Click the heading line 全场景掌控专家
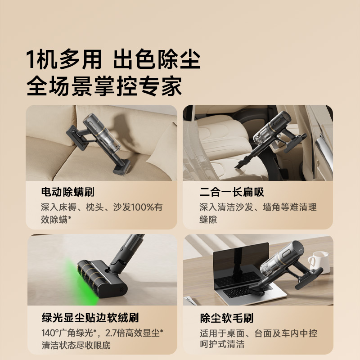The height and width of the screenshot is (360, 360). tap(104, 85)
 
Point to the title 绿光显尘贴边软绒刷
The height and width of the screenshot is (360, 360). tap(90, 318)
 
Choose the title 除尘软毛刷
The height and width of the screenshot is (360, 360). tap(226, 318)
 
